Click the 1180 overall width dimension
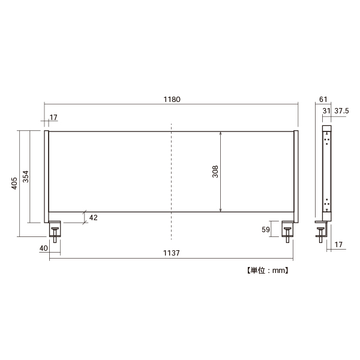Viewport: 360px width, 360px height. (172, 100)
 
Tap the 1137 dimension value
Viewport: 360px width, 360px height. (171, 253)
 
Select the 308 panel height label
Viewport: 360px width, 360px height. (215, 172)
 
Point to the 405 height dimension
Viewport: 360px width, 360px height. (14, 183)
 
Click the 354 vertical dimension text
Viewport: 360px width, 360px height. (26, 176)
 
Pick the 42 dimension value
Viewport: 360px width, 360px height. (93, 218)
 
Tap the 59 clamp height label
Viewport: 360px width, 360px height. (266, 230)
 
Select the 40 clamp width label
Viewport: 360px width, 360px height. (44, 248)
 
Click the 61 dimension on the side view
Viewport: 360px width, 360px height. (323, 100)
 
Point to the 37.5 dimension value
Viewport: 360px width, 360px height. (341, 111)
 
